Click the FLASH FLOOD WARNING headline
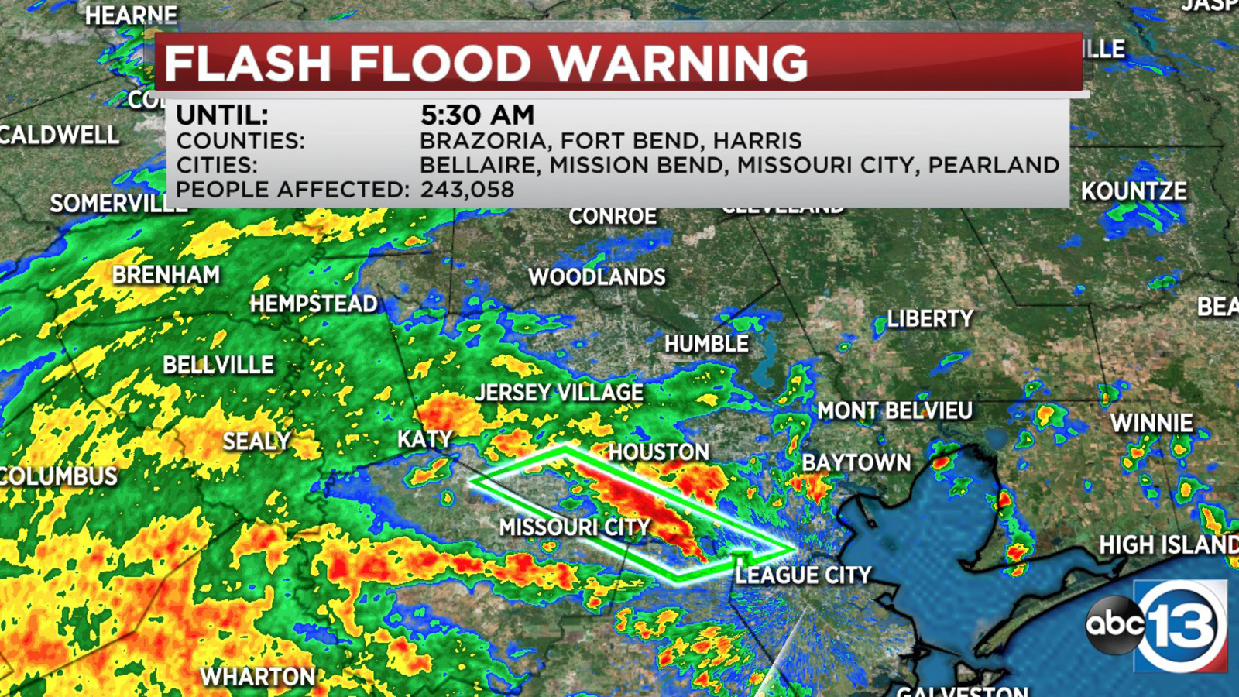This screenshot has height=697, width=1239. pyautogui.click(x=486, y=64)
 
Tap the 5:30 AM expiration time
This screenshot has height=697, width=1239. pyautogui.click(x=477, y=115)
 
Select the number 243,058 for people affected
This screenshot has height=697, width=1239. pyautogui.click(x=467, y=190)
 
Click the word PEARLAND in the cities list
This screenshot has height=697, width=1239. pyautogui.click(x=994, y=165)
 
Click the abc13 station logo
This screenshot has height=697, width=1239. pyautogui.click(x=1158, y=624)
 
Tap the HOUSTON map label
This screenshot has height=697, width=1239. pyautogui.click(x=658, y=452)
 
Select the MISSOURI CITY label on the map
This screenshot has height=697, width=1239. pyautogui.click(x=575, y=527)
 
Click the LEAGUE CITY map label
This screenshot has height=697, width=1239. pyautogui.click(x=803, y=575)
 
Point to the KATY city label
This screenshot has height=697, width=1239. pyautogui.click(x=424, y=439)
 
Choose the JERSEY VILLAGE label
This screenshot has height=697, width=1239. pyautogui.click(x=559, y=393)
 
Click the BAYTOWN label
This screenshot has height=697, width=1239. pyautogui.click(x=856, y=463)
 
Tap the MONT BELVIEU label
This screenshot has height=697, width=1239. pyautogui.click(x=894, y=410)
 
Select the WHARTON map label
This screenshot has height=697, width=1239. pyautogui.click(x=257, y=677)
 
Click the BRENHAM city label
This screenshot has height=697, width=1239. pyautogui.click(x=166, y=275)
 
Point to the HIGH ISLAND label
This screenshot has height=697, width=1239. pyautogui.click(x=1168, y=545)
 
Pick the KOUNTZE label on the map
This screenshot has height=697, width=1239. pyautogui.click(x=1134, y=191)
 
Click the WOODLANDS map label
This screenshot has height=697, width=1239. pyautogui.click(x=596, y=277)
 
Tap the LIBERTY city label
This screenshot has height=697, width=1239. pyautogui.click(x=929, y=319)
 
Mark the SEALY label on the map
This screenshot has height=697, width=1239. pyautogui.click(x=256, y=441)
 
